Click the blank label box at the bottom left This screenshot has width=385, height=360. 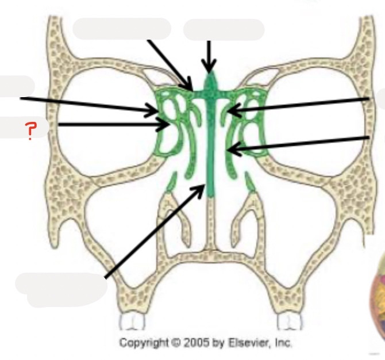[x=60, y=284]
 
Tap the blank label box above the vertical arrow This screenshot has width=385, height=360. [x=224, y=29]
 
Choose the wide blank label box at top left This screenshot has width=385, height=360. [x=122, y=28]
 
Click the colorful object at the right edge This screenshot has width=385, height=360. [x=378, y=299]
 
